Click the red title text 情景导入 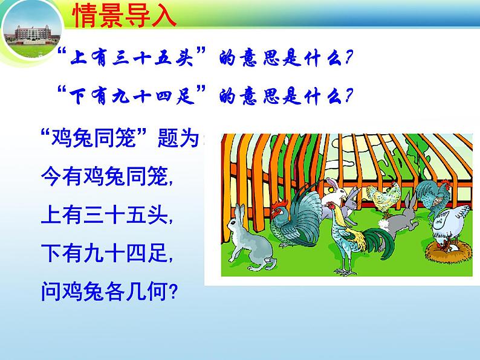pos(125,16)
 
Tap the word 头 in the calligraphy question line pos(184,58)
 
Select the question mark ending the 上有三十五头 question pos(349,57)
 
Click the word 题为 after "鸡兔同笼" pos(178,138)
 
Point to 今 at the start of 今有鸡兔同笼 pos(51,176)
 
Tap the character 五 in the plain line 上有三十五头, pos(135,214)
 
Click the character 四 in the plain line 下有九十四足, pos(135,253)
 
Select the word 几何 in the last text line pos(147,292)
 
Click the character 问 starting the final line pos(51,292)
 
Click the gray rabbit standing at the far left pos(250,239)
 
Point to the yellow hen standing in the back pos(384,198)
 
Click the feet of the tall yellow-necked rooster pos(345,271)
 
